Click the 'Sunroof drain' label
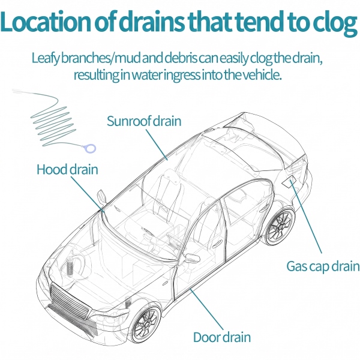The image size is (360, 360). coord(144,121)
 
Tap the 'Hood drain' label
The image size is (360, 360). coord(67,169)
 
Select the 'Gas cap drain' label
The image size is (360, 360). coord(323,267)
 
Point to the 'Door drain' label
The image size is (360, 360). coord(222,337)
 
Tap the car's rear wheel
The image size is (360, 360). coord(280,226)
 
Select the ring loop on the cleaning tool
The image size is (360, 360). coord(89,148)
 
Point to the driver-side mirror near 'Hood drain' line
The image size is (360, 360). coord(101,197)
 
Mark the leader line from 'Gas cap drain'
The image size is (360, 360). coord(306,217)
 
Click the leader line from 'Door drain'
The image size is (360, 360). coord(206,310)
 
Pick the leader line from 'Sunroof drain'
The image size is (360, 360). coord(157,145)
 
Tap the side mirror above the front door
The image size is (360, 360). coord(193,258)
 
